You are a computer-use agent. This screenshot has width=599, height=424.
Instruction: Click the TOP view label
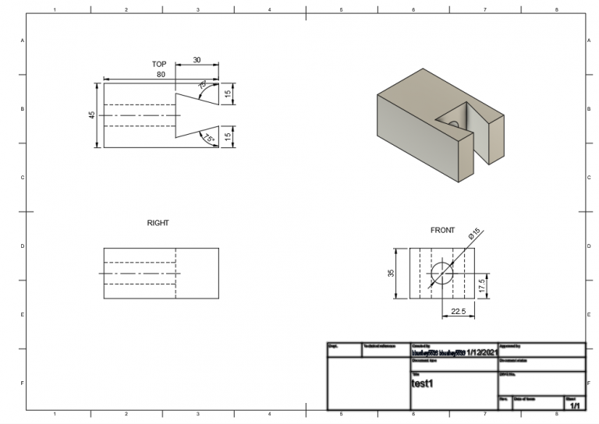tap(159, 64)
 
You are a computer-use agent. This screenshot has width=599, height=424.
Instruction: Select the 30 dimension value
tap(197, 60)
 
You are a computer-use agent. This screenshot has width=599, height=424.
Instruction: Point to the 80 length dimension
tap(161, 75)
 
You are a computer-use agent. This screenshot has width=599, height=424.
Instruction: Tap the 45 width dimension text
tap(91, 115)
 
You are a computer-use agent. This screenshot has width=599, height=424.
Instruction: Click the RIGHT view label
tap(158, 223)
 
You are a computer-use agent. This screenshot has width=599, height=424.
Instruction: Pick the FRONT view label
tap(442, 230)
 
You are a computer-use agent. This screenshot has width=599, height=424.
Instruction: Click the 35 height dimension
tap(392, 273)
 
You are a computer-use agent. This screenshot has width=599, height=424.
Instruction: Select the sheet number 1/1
tap(576, 406)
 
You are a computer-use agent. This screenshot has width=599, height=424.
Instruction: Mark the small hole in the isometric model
tap(453, 123)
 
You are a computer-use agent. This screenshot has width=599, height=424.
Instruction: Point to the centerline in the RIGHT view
tap(140, 274)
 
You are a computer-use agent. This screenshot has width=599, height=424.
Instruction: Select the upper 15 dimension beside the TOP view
tap(228, 94)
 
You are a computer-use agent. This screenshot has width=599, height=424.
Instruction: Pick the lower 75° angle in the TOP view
tap(207, 138)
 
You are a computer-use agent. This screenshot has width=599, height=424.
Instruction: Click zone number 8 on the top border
tap(556, 9)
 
